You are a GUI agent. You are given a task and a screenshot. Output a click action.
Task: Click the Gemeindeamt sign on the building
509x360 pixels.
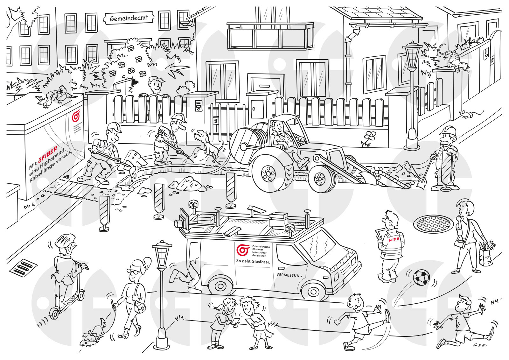click(x=129, y=18)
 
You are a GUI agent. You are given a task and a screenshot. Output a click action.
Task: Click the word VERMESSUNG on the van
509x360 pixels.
click(x=289, y=275)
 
